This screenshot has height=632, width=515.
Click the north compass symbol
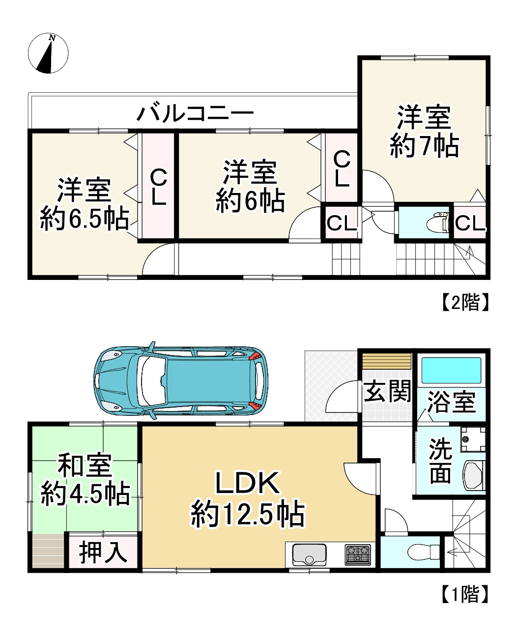click(x=48, y=54)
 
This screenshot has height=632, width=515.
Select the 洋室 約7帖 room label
click(x=425, y=132)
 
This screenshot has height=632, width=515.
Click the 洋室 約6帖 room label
click(x=250, y=187)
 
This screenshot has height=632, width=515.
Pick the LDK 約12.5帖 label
click(x=248, y=499)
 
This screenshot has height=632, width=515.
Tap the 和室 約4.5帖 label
click(x=85, y=480)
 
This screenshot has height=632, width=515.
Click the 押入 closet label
click(x=103, y=552)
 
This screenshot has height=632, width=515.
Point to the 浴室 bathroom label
click(x=451, y=402)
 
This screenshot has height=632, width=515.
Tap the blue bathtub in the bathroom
click(x=451, y=371)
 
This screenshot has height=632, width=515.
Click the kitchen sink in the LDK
click(x=309, y=555)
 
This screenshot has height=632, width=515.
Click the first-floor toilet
click(x=424, y=552)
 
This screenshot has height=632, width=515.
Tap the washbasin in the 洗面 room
click(x=474, y=475)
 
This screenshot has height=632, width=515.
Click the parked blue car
click(x=180, y=380)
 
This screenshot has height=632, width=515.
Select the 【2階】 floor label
click(x=464, y=302)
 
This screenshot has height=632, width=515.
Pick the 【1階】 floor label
click(x=464, y=594)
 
